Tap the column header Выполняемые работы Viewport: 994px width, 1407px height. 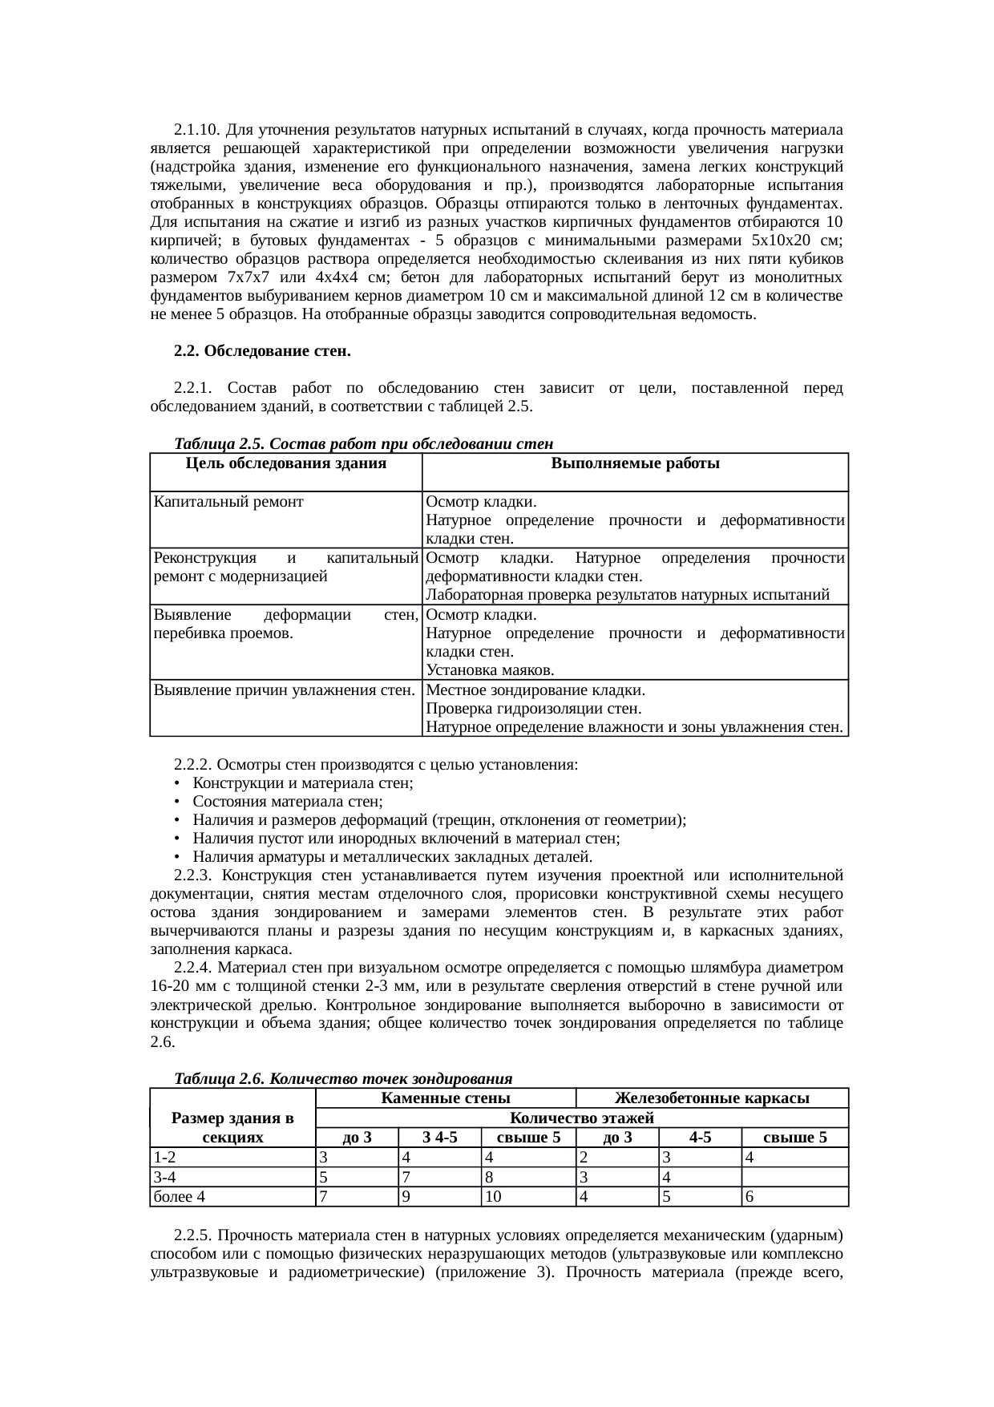pyautogui.click(x=635, y=463)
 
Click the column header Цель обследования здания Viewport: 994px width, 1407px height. pyautogui.click(x=285, y=463)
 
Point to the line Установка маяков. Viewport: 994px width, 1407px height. pyautogui.click(x=490, y=670)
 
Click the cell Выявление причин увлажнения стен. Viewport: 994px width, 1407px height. pyautogui.click(x=285, y=690)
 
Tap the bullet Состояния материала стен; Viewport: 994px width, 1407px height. pyautogui.click(x=287, y=801)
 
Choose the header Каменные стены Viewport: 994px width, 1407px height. pyautogui.click(x=446, y=1098)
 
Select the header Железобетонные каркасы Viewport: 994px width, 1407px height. pyautogui.click(x=711, y=1098)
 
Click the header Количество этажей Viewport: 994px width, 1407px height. pyautogui.click(x=582, y=1118)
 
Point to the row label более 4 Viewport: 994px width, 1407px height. pyautogui.click(x=180, y=1197)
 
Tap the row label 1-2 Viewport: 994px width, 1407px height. pyautogui.click(x=165, y=1158)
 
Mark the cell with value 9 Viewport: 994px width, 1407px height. pyautogui.click(x=407, y=1197)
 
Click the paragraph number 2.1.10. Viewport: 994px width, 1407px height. pyautogui.click(x=196, y=130)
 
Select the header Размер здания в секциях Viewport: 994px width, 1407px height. pyautogui.click(x=232, y=1127)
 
